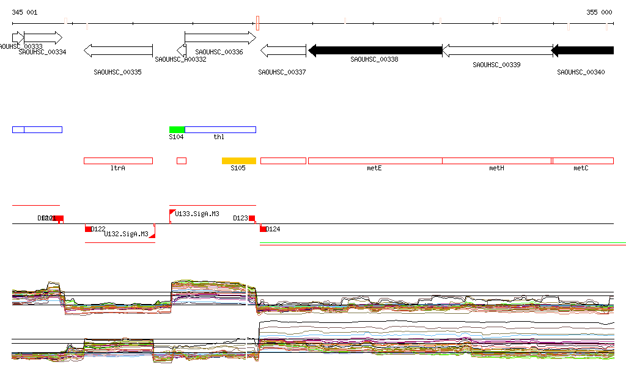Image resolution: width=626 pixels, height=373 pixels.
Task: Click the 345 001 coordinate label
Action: [24, 12]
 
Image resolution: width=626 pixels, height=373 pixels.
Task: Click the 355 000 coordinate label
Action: [599, 12]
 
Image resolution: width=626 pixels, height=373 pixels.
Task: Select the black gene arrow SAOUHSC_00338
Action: [375, 50]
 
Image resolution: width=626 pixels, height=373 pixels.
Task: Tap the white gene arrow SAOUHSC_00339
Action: [496, 50]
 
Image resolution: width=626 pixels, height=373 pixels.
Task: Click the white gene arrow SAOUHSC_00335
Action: [118, 50]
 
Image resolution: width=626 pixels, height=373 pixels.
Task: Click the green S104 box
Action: [177, 129]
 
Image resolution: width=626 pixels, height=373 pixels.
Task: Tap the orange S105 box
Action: [238, 161]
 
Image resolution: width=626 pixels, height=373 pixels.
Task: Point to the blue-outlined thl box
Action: [220, 129]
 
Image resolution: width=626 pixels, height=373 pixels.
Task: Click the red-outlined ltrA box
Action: [118, 161]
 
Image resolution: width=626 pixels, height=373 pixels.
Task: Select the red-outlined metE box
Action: [375, 161]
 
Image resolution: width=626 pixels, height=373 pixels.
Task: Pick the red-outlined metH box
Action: [496, 161]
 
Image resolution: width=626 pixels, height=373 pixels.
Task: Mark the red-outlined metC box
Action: [583, 161]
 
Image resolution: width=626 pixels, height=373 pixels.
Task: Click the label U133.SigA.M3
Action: [197, 214]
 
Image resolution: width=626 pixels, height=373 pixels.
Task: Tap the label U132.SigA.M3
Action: [126, 234]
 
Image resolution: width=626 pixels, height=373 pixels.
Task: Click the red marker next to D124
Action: [263, 229]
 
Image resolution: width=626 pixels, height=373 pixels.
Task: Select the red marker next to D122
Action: [88, 229]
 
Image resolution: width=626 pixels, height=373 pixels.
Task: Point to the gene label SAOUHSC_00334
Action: [42, 52]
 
